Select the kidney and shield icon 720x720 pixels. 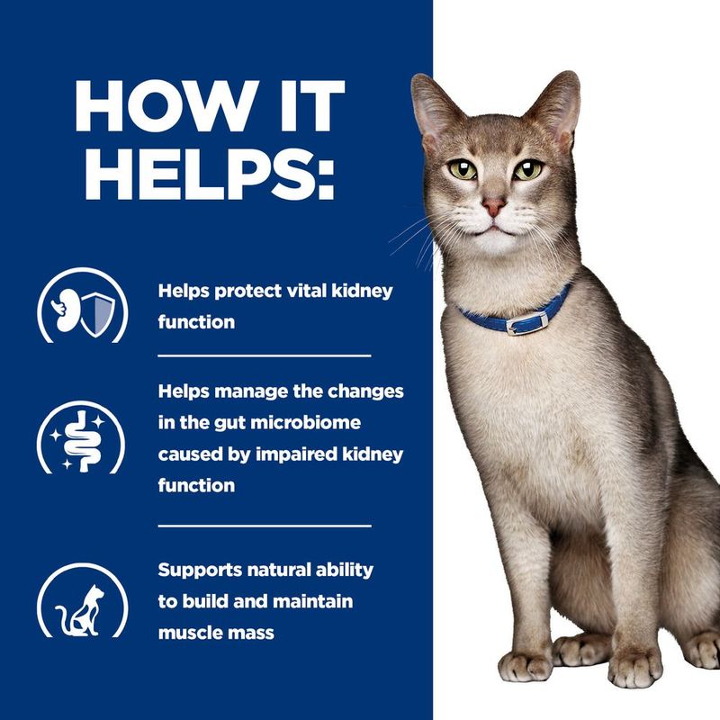84,307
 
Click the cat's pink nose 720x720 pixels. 492,206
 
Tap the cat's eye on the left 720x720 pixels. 463,167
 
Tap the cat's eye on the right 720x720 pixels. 528,168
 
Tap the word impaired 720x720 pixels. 288,454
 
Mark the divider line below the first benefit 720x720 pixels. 264,355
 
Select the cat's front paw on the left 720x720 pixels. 525,664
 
